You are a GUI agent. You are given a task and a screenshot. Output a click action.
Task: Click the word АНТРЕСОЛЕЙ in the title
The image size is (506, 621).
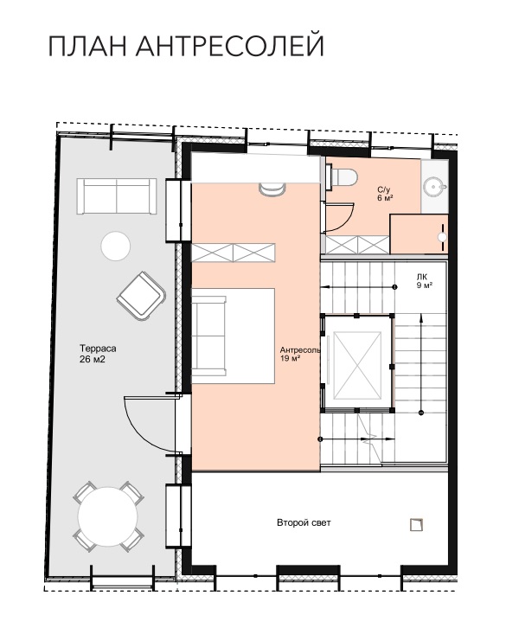coord(229,46)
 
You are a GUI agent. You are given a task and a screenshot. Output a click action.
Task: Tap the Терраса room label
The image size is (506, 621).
coord(98,349)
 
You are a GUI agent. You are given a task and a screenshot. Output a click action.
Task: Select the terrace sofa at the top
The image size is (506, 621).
coord(117,195)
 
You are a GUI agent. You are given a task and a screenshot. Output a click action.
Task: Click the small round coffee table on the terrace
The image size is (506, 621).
coord(116,246)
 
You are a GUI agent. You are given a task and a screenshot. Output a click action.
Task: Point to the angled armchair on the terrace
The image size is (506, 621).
coord(141,296)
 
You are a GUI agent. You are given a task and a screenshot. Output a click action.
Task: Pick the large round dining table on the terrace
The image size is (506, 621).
coord(108,516)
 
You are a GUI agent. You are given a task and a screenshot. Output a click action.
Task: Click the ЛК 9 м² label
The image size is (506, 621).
coord(425,281)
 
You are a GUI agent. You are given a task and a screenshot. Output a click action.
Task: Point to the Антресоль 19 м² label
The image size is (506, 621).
coord(300,354)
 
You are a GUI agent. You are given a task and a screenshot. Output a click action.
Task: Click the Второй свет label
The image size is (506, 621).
coord(304,522)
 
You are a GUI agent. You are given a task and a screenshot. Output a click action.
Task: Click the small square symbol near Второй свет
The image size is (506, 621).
coord(417,524)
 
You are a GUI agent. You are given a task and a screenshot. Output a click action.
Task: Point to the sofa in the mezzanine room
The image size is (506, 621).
coord(209,336)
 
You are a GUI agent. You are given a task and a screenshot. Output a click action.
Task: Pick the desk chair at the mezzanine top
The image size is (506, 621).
coord(272,189)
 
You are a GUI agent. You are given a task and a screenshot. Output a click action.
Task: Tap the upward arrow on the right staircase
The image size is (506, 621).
coord(421,363)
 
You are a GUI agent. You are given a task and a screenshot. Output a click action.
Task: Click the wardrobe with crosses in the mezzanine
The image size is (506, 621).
coord(234,253)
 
